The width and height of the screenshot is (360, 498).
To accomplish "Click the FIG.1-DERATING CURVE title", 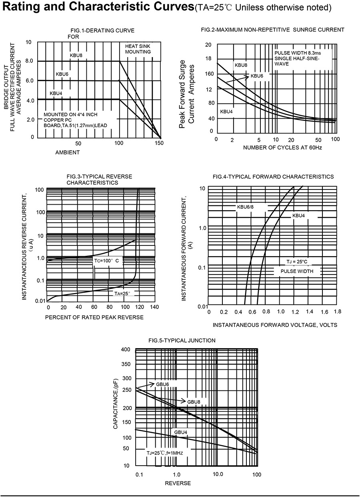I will (x=101, y=30).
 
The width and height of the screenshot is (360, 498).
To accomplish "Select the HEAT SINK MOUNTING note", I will (x=138, y=49).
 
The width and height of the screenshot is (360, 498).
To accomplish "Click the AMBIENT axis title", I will (x=68, y=152).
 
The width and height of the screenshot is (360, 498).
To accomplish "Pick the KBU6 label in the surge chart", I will (x=257, y=76).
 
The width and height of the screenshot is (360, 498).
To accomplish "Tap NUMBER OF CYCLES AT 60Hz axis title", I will (x=282, y=147).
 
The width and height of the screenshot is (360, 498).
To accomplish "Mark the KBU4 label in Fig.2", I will (x=226, y=112).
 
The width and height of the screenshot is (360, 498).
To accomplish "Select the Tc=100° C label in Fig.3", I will (x=106, y=260).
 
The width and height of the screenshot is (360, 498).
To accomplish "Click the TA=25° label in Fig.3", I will (x=122, y=293).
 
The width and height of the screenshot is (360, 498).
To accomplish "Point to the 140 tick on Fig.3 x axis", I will (x=154, y=307).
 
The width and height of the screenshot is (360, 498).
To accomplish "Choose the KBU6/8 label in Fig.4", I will (x=246, y=207).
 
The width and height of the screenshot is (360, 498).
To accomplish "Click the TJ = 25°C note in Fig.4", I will (x=296, y=262).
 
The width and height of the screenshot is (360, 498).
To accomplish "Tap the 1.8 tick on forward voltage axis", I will (x=337, y=311).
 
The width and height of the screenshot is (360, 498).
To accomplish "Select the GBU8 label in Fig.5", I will (x=194, y=401).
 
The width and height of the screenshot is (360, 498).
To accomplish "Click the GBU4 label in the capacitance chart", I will (x=180, y=432).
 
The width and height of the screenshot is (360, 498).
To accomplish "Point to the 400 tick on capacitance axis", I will (x=126, y=350).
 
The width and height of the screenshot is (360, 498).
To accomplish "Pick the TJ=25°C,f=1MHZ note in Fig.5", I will (x=165, y=452).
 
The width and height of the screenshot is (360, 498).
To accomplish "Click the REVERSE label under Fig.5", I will (x=178, y=483).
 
